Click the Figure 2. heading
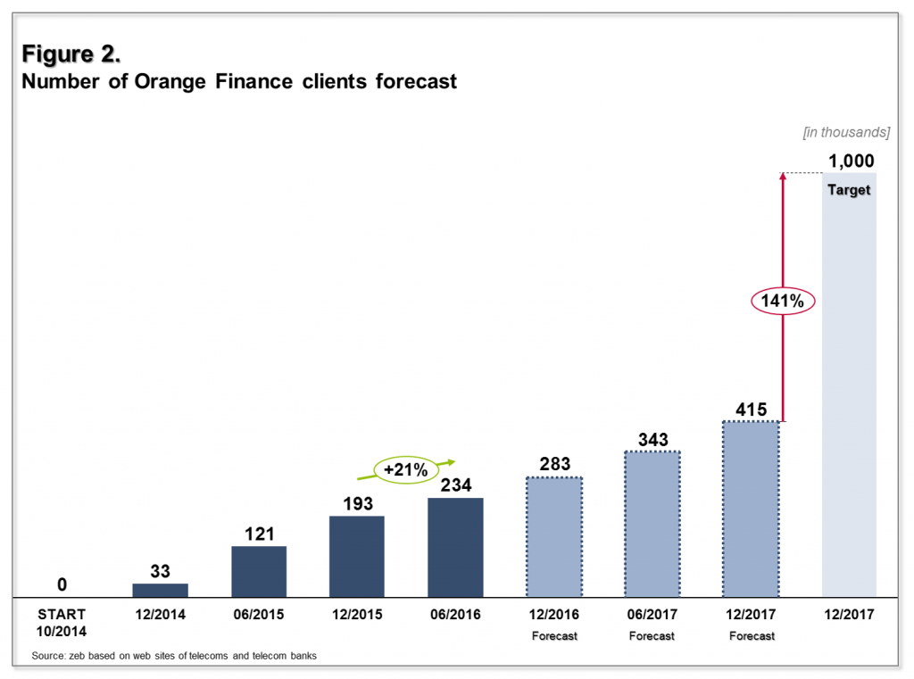pyautogui.click(x=71, y=54)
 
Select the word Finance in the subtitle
pyautogui.click(x=252, y=82)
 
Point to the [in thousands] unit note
pyautogui.click(x=846, y=132)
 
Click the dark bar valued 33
pyautogui.click(x=160, y=590)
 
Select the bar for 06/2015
pyautogui.click(x=259, y=571)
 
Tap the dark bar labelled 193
pyautogui.click(x=357, y=556)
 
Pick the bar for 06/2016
pyautogui.click(x=455, y=547)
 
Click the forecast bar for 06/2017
pyautogui.click(x=652, y=524)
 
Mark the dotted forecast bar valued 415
pyautogui.click(x=750, y=509)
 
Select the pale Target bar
pyautogui.click(x=849, y=393)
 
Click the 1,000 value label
pyautogui.click(x=851, y=161)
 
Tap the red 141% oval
pyautogui.click(x=782, y=302)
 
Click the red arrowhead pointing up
pyautogui.click(x=782, y=177)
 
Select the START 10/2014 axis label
pyautogui.click(x=62, y=621)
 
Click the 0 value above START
pyautogui.click(x=62, y=584)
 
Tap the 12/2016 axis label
pyautogui.click(x=553, y=615)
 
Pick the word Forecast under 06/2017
pyautogui.click(x=652, y=636)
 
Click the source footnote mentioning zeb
pyautogui.click(x=174, y=656)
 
